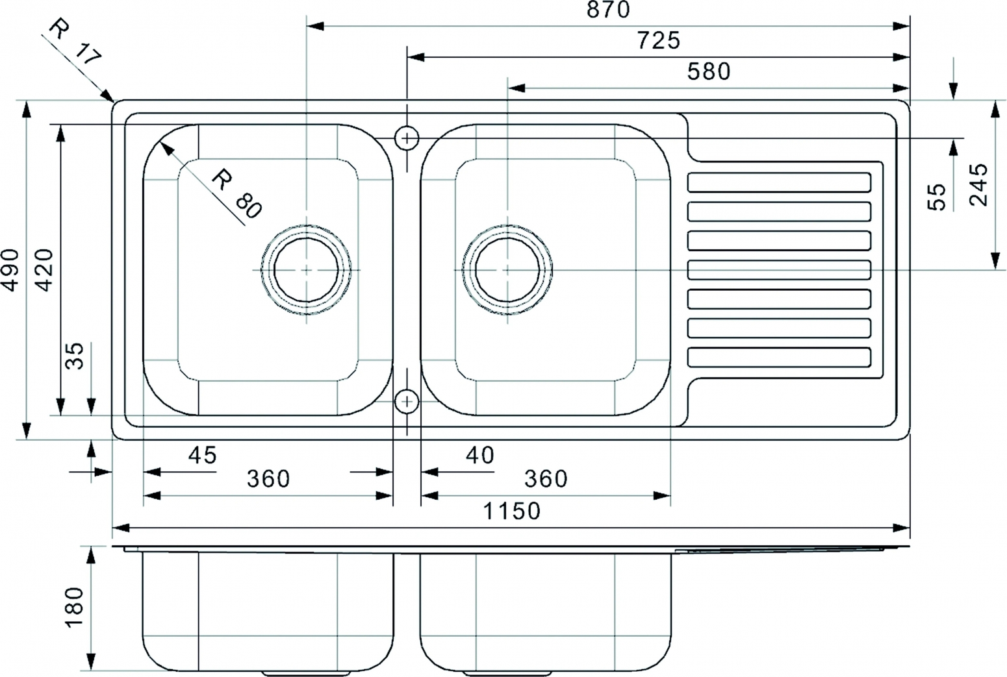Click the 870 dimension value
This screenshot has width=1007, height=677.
[x=608, y=10]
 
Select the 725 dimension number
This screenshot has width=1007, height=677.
[x=659, y=41]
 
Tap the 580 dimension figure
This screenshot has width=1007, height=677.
[x=709, y=72]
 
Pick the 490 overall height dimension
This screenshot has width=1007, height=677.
[x=10, y=270]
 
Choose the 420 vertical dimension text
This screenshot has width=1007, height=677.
[x=44, y=270]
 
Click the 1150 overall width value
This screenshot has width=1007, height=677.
[x=511, y=511]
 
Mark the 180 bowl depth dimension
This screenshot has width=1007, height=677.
[x=75, y=608]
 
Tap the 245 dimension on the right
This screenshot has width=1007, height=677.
[x=978, y=184]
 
